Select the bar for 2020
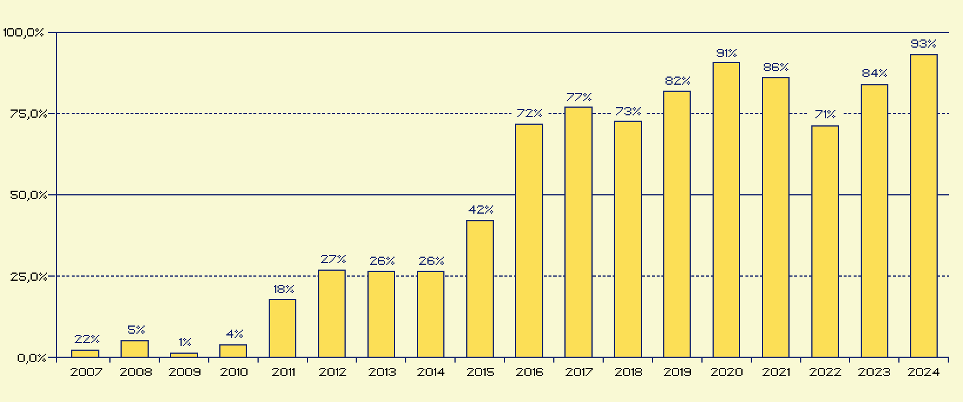[x=726, y=210]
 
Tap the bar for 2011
[x=282, y=328]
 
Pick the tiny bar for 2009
[x=184, y=355]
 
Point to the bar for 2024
[x=924, y=206]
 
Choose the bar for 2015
[x=480, y=288]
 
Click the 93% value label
[x=923, y=44]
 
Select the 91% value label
[x=726, y=53]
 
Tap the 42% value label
[x=480, y=210]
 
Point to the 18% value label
[x=283, y=289]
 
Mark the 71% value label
[x=825, y=114]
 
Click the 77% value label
[x=579, y=97]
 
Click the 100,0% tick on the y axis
[x=23, y=33]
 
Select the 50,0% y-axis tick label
[x=28, y=195]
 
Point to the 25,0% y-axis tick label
[x=28, y=277]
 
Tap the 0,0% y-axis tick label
[x=31, y=358]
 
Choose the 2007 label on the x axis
[x=86, y=372]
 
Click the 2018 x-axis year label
[x=628, y=372]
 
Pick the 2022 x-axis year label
[x=825, y=372]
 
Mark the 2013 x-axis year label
[x=382, y=372]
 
